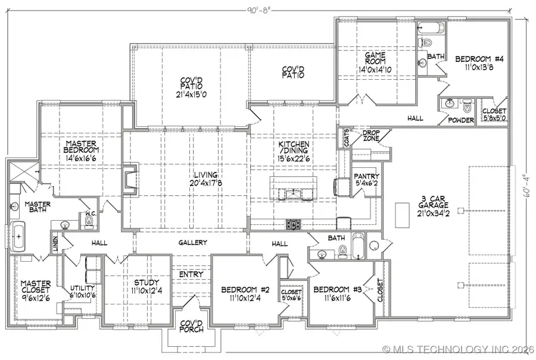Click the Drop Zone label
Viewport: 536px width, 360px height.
[x=371, y=136]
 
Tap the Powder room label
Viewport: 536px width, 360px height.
[x=462, y=121]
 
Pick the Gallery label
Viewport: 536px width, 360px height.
[x=192, y=243]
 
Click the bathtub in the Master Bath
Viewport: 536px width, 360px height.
[x=19, y=236]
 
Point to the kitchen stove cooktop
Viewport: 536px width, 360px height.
[x=293, y=224]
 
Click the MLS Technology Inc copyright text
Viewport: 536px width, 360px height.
[x=459, y=349]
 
